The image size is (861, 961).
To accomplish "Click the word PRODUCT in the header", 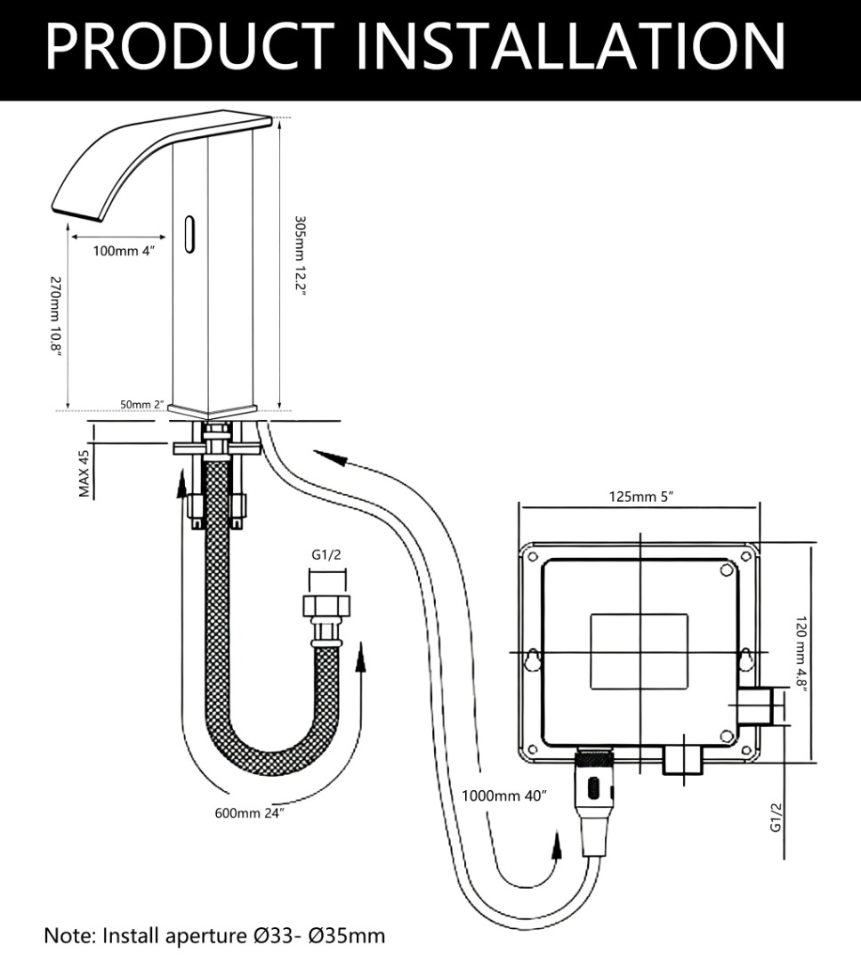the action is tap(190, 46).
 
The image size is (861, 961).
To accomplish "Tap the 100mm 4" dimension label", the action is tap(123, 251).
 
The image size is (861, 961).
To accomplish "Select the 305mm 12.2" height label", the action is tap(300, 255).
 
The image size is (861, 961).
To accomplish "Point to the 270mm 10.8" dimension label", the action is tap(55, 315).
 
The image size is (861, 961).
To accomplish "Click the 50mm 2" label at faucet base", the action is tap(141, 405).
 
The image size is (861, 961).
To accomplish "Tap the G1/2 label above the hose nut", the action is tap(326, 555).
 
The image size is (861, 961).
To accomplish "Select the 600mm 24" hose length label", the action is tap(249, 813).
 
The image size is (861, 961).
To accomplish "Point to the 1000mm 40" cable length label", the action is tap(503, 795).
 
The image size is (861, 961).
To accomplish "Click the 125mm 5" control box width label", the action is tap(640, 497).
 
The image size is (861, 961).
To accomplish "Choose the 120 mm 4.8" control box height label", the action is tap(801, 654).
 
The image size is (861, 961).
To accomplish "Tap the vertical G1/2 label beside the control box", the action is tap(776, 817).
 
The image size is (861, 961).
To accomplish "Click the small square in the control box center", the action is tap(639, 650).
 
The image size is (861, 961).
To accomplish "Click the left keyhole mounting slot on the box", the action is tap(533, 658).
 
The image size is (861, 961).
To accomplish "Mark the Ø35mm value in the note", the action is tap(347, 936).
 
